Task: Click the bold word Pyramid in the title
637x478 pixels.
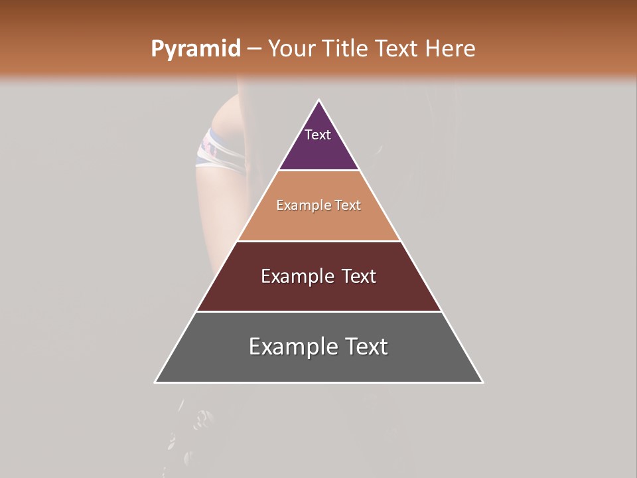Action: [x=195, y=49]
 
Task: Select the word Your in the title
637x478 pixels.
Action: [x=291, y=48]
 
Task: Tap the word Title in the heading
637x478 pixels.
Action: [x=344, y=48]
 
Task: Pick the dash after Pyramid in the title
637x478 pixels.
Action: [x=253, y=49]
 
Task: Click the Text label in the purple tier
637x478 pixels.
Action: [x=318, y=135]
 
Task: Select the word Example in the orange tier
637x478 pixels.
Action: [x=303, y=206]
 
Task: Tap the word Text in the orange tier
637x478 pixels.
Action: [x=348, y=206]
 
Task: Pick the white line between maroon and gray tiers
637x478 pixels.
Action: [x=319, y=312]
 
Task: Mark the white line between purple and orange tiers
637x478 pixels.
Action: [x=319, y=171]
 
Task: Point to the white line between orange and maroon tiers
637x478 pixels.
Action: [x=319, y=241]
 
